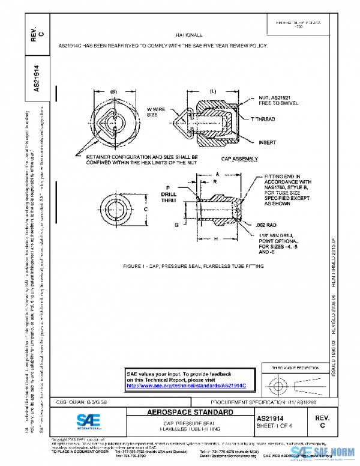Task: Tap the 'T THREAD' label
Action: [x=262, y=120]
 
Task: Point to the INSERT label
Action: [x=267, y=143]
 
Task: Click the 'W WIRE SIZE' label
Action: [x=156, y=111]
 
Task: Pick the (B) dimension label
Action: [x=113, y=91]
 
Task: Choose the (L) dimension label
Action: [x=212, y=91]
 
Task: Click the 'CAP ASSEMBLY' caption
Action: [x=240, y=159]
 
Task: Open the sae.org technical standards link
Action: [x=187, y=385]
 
